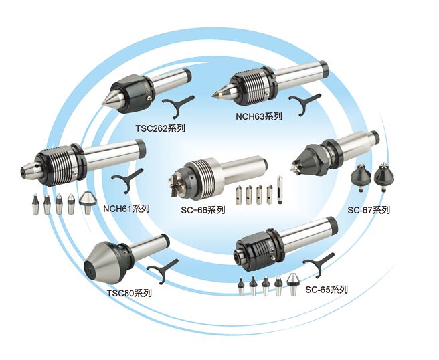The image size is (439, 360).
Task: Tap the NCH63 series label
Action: pyautogui.click(x=259, y=116)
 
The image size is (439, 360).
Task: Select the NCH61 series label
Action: pyautogui.click(x=126, y=208)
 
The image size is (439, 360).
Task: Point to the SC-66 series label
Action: pyautogui.click(x=203, y=209)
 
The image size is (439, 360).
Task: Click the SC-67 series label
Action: pyautogui.click(x=369, y=210)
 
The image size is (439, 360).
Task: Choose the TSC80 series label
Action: pyautogui.click(x=129, y=292)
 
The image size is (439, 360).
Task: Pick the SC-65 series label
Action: pyautogui.click(x=327, y=290)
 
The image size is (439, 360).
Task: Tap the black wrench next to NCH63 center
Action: pyautogui.click(x=304, y=102)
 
